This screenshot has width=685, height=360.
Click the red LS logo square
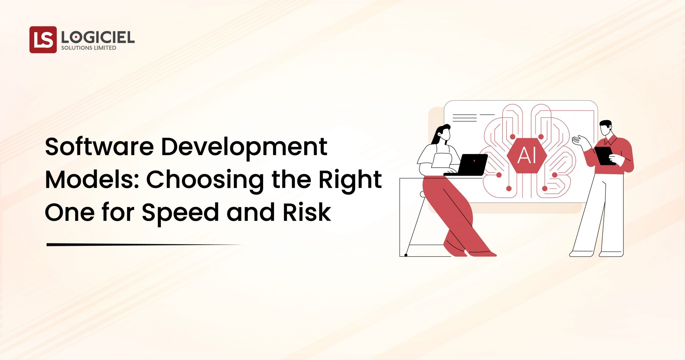43,40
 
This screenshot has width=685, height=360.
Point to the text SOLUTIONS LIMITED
89,48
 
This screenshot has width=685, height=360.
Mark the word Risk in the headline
307,212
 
